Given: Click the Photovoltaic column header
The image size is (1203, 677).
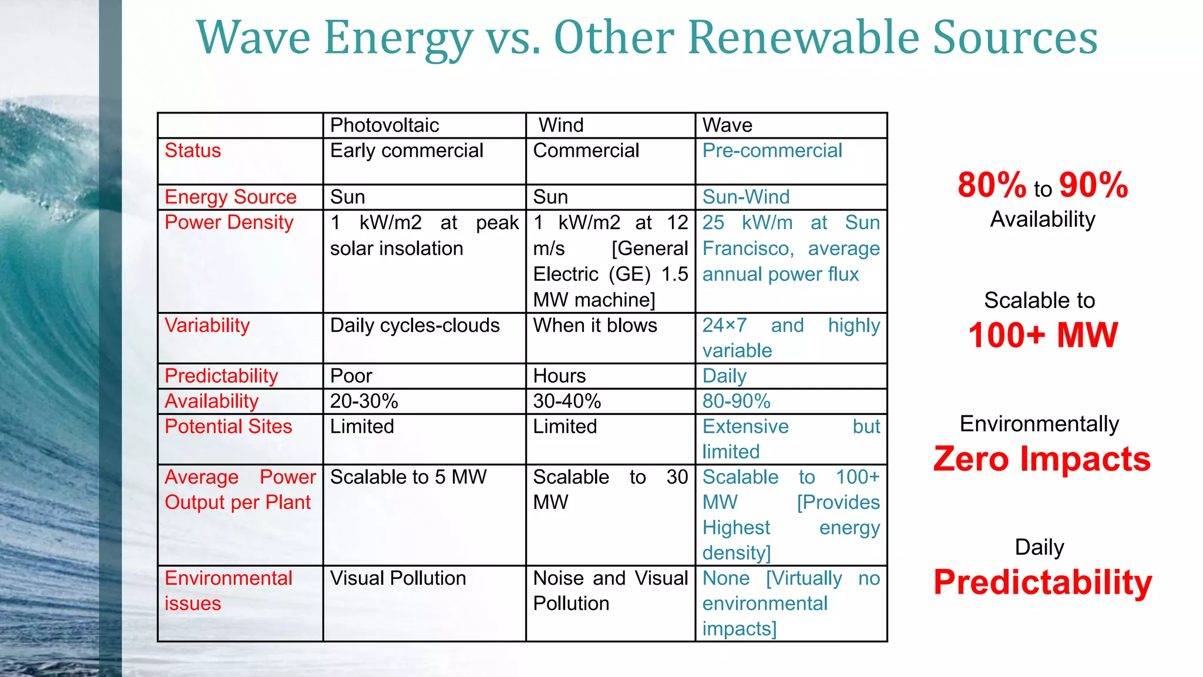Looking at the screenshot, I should [384, 125].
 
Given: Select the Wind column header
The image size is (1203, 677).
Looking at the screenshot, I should [561, 125].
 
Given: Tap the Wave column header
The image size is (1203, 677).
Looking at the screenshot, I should [727, 125].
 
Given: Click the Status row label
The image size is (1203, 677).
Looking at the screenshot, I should [193, 150].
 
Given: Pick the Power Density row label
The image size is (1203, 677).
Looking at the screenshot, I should [228, 222].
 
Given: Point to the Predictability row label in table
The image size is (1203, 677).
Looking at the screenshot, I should [221, 376].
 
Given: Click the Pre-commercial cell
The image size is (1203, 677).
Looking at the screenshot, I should [772, 150].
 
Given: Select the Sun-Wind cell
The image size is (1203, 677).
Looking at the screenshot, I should [745, 197].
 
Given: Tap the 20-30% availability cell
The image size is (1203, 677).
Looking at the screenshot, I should [364, 401].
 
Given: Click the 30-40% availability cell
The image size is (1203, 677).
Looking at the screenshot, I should [567, 401].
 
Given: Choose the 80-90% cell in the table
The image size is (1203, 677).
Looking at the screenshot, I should [736, 401].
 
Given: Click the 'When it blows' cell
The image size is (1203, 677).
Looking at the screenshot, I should [594, 326].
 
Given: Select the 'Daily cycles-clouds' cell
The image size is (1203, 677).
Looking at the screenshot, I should [414, 326].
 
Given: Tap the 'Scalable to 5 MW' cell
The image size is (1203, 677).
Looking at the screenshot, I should [408, 477].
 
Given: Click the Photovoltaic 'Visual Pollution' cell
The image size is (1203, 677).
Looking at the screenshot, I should [398, 578].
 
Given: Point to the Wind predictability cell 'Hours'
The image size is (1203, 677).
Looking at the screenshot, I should [559, 376].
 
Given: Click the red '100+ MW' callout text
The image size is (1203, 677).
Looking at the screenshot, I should [1043, 335].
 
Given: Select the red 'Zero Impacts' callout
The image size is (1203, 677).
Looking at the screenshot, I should [1041, 458].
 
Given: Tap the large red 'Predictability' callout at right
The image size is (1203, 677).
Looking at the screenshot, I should [1043, 582].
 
